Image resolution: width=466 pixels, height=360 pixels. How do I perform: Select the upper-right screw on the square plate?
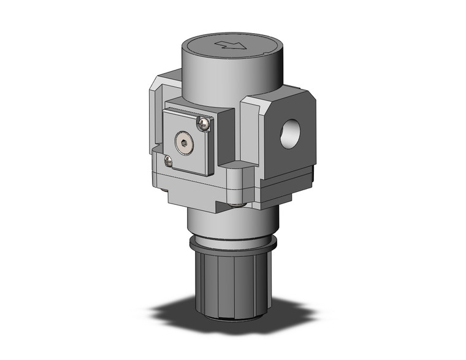[x=204, y=124]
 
